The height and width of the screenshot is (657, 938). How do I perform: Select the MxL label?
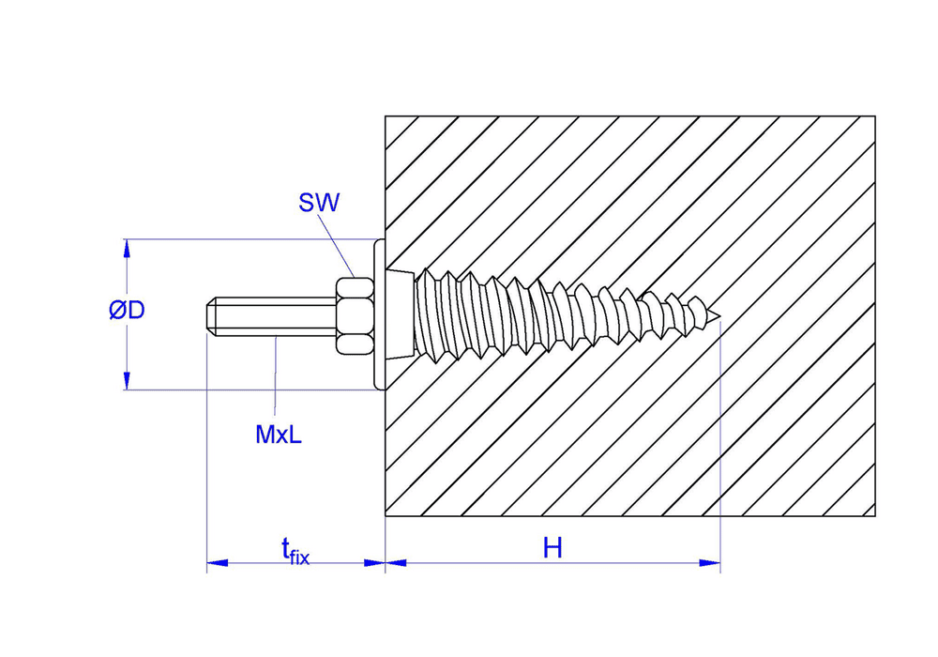[x=279, y=435]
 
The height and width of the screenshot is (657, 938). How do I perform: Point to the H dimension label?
[x=552, y=548]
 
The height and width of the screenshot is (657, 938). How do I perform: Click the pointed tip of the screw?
[x=718, y=316]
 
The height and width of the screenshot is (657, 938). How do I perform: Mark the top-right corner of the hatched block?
[x=875, y=115]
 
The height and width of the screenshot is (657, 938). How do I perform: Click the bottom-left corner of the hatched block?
[x=386, y=517]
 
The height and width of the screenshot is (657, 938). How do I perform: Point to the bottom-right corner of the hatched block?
[x=875, y=517]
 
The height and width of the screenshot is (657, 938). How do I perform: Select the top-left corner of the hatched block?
[x=386, y=115]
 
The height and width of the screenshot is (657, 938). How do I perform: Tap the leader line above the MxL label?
[x=275, y=375]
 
